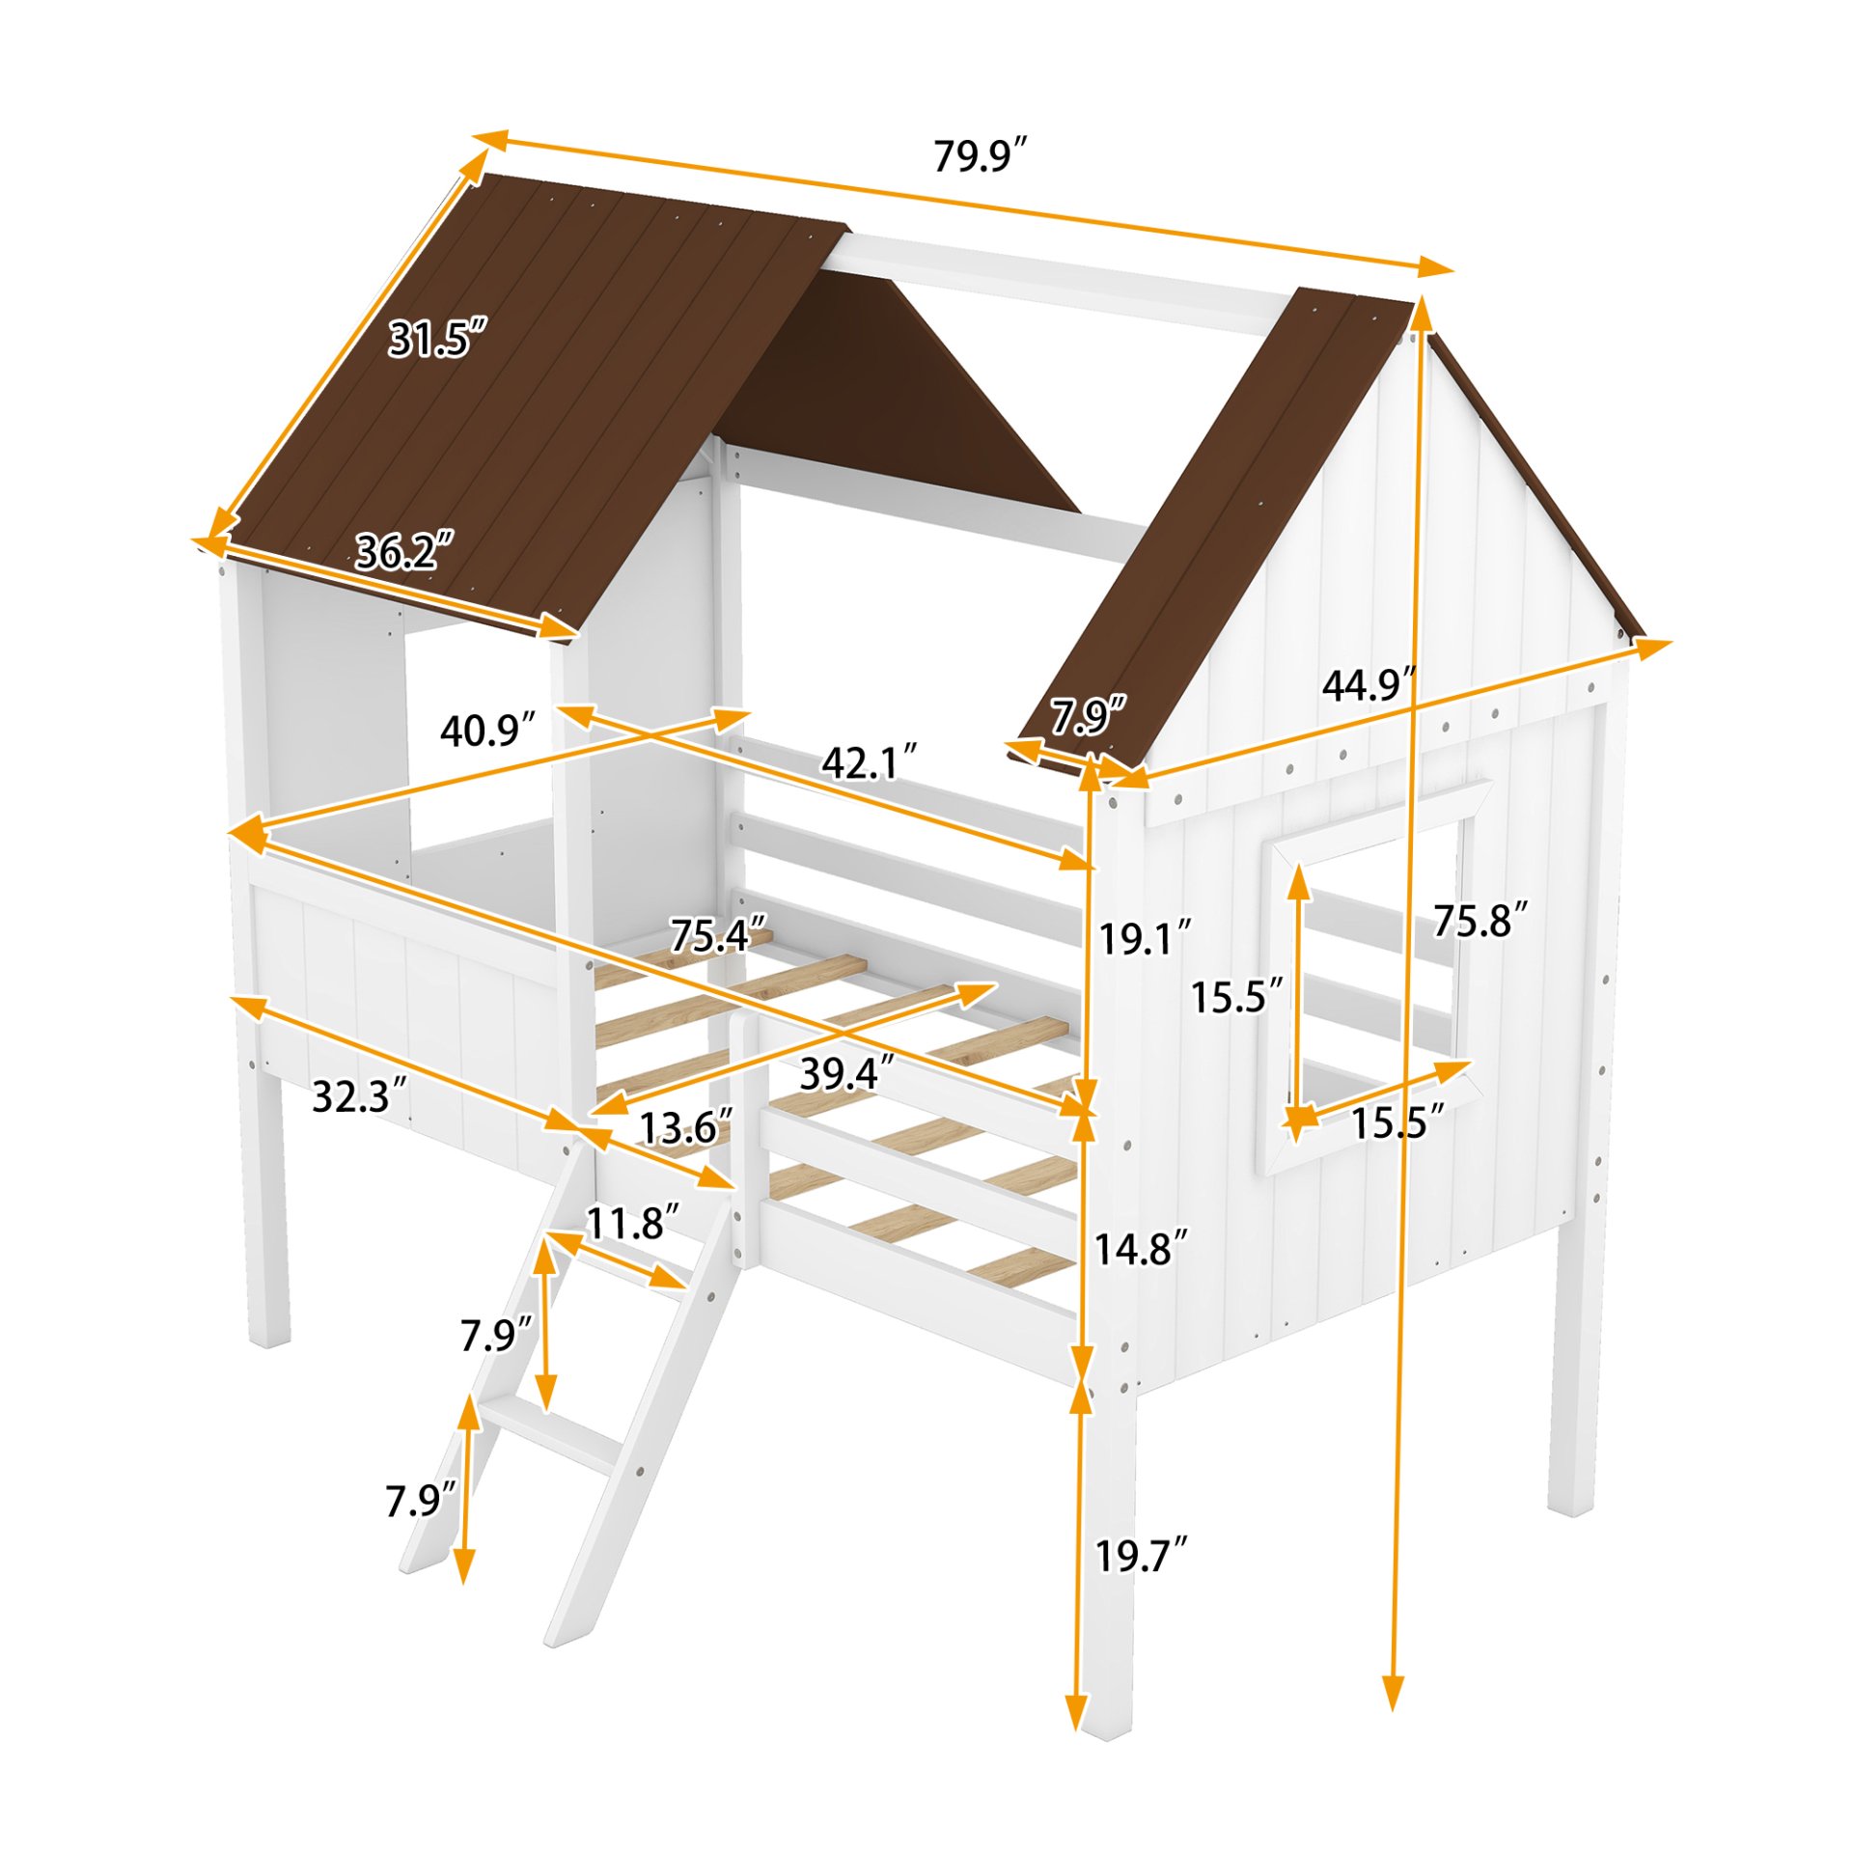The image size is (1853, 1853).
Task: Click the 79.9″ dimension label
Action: [979, 156]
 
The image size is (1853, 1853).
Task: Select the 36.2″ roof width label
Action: [403, 552]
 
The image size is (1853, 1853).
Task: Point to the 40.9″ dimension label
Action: [487, 731]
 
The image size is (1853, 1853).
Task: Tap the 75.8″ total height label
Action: [1480, 921]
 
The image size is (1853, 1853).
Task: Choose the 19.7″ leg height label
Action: [1140, 1556]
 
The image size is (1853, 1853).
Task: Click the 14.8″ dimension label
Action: [1140, 1249]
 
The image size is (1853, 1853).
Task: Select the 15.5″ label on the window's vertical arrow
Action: [1236, 996]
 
